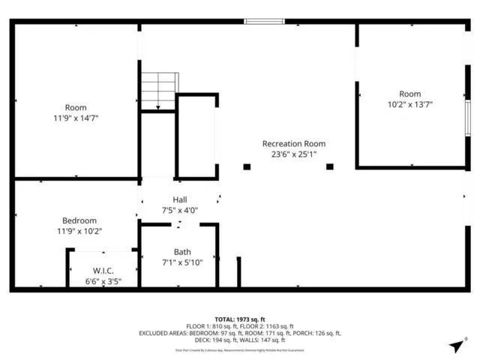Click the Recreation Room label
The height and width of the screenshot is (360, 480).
click(293, 143)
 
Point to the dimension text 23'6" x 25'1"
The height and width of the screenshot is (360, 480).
click(293, 154)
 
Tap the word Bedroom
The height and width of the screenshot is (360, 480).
click(79, 220)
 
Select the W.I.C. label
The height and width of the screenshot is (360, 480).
click(103, 270)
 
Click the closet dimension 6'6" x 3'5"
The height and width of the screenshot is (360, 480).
click(103, 281)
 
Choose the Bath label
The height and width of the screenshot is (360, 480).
click(182, 251)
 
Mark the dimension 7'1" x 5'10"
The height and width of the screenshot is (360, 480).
click(182, 262)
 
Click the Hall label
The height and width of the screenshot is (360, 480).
click(179, 199)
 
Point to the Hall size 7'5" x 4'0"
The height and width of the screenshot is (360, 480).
click(179, 211)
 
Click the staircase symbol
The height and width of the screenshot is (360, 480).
click(160, 91)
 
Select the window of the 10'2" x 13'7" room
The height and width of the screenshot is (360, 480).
click(467, 118)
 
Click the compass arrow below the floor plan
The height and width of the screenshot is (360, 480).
click(455, 346)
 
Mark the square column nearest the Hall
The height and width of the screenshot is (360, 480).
click(247, 166)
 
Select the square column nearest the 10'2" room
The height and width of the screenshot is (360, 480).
click(329, 166)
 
